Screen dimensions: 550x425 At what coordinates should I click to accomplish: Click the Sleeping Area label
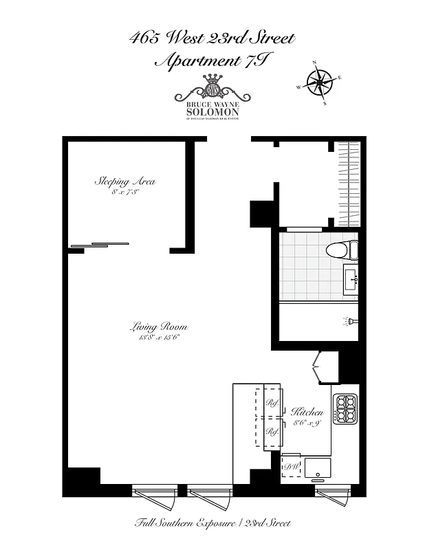click(124, 182)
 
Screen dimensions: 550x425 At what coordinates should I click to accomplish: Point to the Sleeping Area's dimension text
click(124, 193)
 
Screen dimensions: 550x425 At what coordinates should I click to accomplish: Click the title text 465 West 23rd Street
click(212, 38)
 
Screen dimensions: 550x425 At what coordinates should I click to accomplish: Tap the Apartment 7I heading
click(212, 61)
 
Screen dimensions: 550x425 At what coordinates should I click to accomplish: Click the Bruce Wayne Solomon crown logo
click(212, 88)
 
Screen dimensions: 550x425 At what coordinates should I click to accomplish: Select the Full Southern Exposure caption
click(212, 523)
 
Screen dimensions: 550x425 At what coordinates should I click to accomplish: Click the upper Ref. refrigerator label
click(272, 404)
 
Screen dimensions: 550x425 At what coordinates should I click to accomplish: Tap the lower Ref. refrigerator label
click(272, 431)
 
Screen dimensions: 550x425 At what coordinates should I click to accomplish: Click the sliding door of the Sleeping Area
click(100, 244)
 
